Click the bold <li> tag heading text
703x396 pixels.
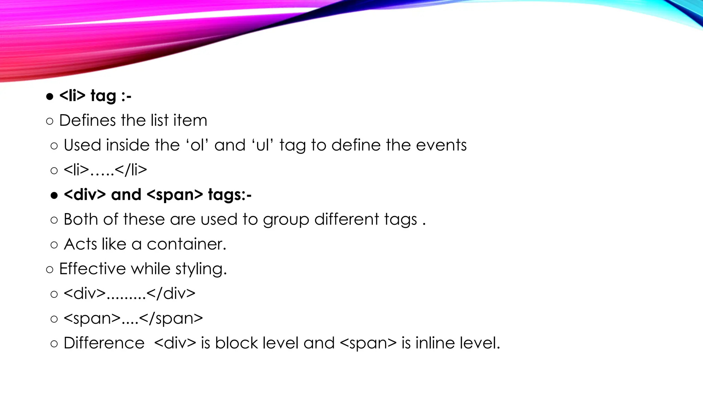pos(95,96)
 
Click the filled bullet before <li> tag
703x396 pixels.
pos(50,97)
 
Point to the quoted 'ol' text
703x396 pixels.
pos(197,145)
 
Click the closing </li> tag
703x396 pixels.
pos(131,170)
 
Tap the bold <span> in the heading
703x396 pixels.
pos(174,195)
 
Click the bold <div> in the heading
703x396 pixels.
pos(85,195)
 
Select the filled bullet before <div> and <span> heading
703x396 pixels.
pos(54,196)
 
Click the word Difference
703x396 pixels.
pos(104,343)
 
